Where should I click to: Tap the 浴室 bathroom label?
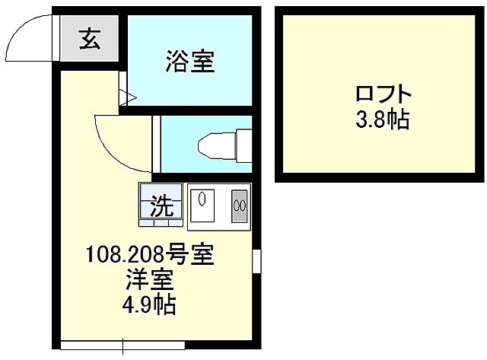pos(189,62)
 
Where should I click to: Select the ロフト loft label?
pos(383,96)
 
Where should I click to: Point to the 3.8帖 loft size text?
pos(383,119)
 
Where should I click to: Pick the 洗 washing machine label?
pos(161,205)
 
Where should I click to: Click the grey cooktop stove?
pos(239,205)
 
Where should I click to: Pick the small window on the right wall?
pos(256,260)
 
